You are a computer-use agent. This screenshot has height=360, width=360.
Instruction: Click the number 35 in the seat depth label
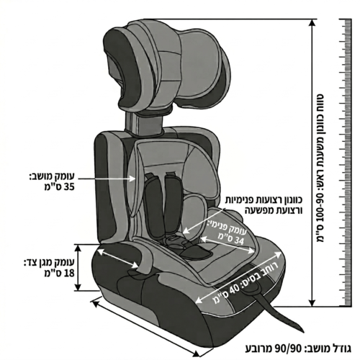tap(69, 187)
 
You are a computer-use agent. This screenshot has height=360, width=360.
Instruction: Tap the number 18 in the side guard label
tap(69, 273)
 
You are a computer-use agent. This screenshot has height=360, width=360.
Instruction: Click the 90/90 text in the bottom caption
tap(287, 348)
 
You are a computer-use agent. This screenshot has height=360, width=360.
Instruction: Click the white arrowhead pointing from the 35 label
tap(132, 179)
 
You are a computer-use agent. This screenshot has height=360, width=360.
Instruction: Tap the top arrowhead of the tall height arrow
tap(312, 23)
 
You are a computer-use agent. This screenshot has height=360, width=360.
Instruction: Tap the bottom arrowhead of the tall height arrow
tap(312, 302)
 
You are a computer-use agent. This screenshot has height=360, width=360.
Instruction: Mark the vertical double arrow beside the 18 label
tap(78, 268)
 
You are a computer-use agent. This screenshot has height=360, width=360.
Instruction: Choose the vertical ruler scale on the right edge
tap(346, 163)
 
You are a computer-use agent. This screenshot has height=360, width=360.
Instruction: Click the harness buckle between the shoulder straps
tap(175, 240)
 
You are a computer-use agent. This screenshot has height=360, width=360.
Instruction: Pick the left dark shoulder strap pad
tap(153, 207)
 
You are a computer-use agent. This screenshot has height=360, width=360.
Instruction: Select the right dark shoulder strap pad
tap(172, 204)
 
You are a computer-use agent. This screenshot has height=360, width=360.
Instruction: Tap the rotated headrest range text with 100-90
tap(320, 168)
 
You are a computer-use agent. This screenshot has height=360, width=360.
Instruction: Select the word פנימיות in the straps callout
tap(288, 199)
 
